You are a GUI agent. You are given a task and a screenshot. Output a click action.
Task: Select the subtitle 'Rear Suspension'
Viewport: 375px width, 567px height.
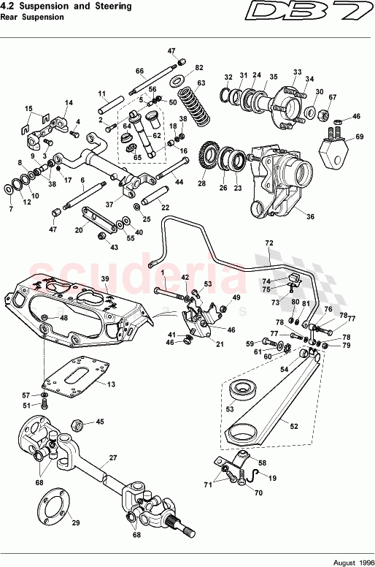click(33, 18)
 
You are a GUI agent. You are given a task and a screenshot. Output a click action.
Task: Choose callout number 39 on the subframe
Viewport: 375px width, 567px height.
click(104, 280)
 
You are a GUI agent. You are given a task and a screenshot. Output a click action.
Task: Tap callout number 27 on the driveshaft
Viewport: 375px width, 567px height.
click(113, 458)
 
